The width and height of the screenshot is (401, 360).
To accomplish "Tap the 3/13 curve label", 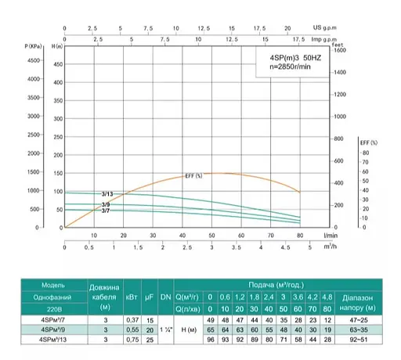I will (x=107, y=193).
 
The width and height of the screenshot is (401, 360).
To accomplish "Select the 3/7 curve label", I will (x=106, y=210).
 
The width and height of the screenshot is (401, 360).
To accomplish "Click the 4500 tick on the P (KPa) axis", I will (x=34, y=60).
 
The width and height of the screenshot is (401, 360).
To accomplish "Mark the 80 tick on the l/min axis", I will (x=300, y=235).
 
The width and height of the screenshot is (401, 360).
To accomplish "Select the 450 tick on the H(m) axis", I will (x=55, y=60).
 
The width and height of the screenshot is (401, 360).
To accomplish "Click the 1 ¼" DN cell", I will (x=165, y=330).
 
